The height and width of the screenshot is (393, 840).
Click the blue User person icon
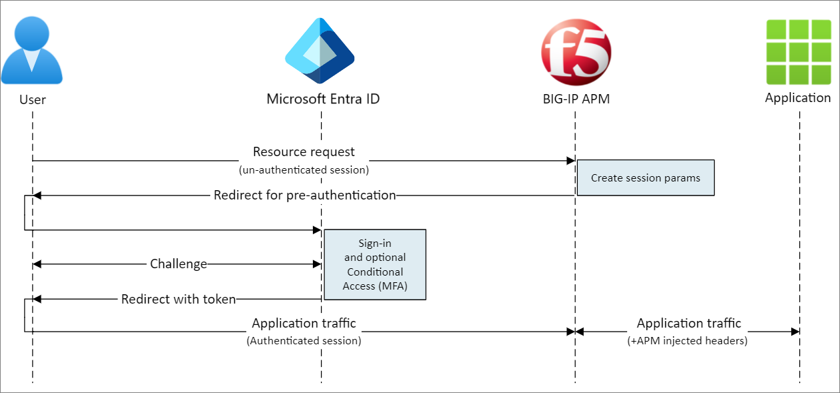pyautogui.click(x=32, y=50)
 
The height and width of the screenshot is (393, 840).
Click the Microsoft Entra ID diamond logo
pyautogui.click(x=320, y=51)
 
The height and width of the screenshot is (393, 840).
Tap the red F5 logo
pyautogui.click(x=576, y=51)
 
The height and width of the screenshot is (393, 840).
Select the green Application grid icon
pyautogui.click(x=798, y=51)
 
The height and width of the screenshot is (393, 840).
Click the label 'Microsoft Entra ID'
pyautogui.click(x=324, y=99)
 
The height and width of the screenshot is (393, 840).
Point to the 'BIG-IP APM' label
pyautogui.click(x=576, y=99)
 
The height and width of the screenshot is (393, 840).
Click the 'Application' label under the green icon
pyautogui.click(x=798, y=98)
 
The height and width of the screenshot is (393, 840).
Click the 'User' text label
pyautogui.click(x=32, y=100)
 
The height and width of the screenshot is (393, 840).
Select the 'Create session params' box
pyautogui.click(x=645, y=177)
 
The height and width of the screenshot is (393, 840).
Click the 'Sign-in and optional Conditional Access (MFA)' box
pyautogui.click(x=374, y=264)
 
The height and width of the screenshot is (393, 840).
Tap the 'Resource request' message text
pyautogui.click(x=304, y=152)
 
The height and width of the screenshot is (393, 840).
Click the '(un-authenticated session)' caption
pyautogui.click(x=304, y=170)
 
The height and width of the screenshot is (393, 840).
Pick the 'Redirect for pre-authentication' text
pyautogui.click(x=305, y=195)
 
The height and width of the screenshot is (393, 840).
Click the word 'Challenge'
pyautogui.click(x=178, y=264)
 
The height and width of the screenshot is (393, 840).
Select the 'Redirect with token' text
pyautogui.click(x=179, y=300)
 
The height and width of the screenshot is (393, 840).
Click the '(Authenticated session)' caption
pyautogui.click(x=304, y=341)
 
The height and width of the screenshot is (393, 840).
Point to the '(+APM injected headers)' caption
pyautogui.click(x=689, y=341)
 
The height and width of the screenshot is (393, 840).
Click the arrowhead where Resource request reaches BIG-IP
pyautogui.click(x=571, y=161)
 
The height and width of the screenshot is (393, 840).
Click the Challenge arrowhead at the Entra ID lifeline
pyautogui.click(x=318, y=264)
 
